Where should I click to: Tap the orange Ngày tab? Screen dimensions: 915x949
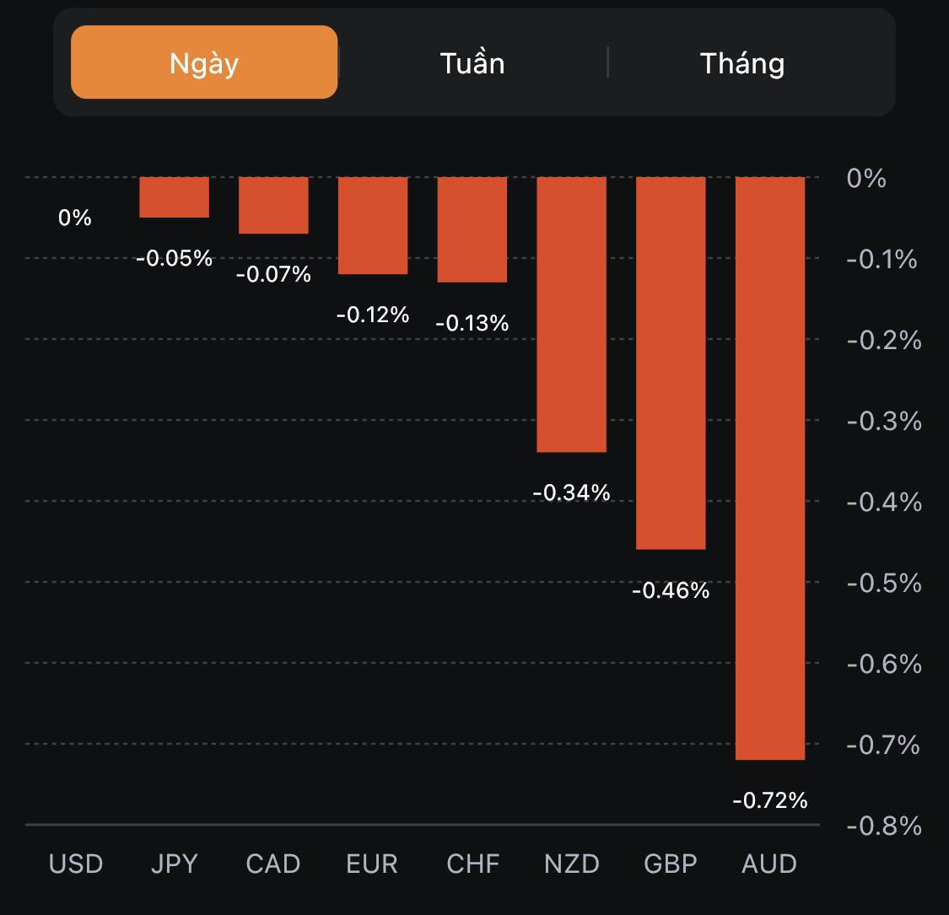click(204, 62)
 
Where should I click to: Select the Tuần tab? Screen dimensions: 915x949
click(472, 63)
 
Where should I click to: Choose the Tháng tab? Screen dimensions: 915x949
click(742, 63)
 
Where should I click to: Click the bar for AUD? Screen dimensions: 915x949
click(770, 468)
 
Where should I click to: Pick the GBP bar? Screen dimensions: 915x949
click(671, 363)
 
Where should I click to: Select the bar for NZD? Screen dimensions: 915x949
click(572, 314)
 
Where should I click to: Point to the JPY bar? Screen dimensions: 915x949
click(174, 197)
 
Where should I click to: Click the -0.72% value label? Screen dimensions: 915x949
click(770, 799)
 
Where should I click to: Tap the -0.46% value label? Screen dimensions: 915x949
click(671, 590)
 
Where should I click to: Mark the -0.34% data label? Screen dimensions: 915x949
click(571, 492)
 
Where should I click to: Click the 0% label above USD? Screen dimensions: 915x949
click(74, 218)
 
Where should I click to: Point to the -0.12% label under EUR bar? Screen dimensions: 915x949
click(372, 315)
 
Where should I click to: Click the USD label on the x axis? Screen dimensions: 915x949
click(76, 864)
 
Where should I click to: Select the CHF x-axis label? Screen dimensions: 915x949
click(473, 864)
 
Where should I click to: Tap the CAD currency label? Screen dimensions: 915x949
click(273, 864)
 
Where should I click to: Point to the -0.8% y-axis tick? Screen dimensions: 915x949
click(883, 826)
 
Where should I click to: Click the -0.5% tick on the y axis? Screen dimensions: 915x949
click(883, 583)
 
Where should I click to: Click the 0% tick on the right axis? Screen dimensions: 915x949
click(866, 178)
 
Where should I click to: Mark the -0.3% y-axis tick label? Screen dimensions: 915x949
click(883, 421)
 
